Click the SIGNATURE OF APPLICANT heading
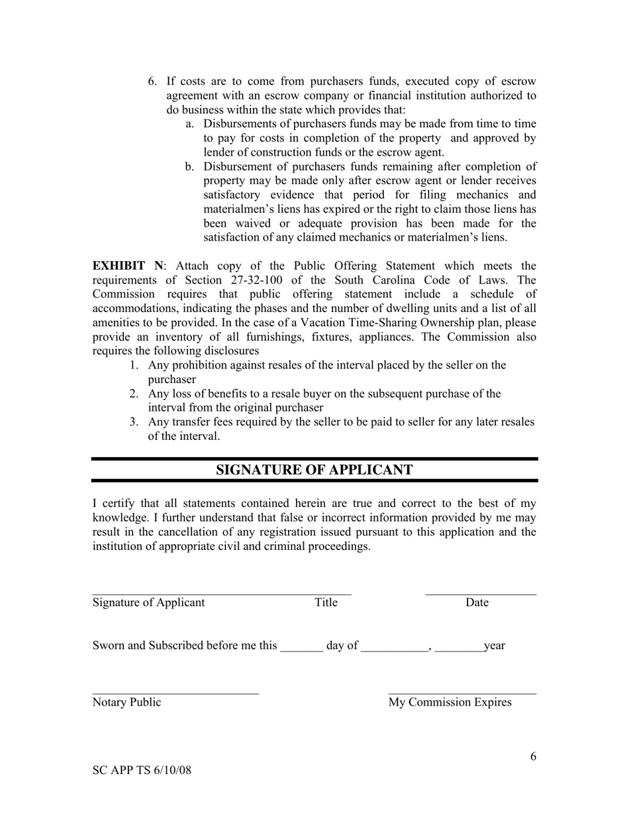pos(314,470)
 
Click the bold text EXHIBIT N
pos(126,266)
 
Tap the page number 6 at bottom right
pos(533,757)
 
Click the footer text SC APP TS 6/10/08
pos(142,771)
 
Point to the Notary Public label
pos(126,702)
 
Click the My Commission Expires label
pos(450,702)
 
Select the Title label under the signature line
pos(326,602)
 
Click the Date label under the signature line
pos(477,602)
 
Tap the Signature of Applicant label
pos(148,602)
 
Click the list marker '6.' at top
pos(152,81)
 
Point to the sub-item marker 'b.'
pos(189,166)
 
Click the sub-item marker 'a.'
pos(189,124)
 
